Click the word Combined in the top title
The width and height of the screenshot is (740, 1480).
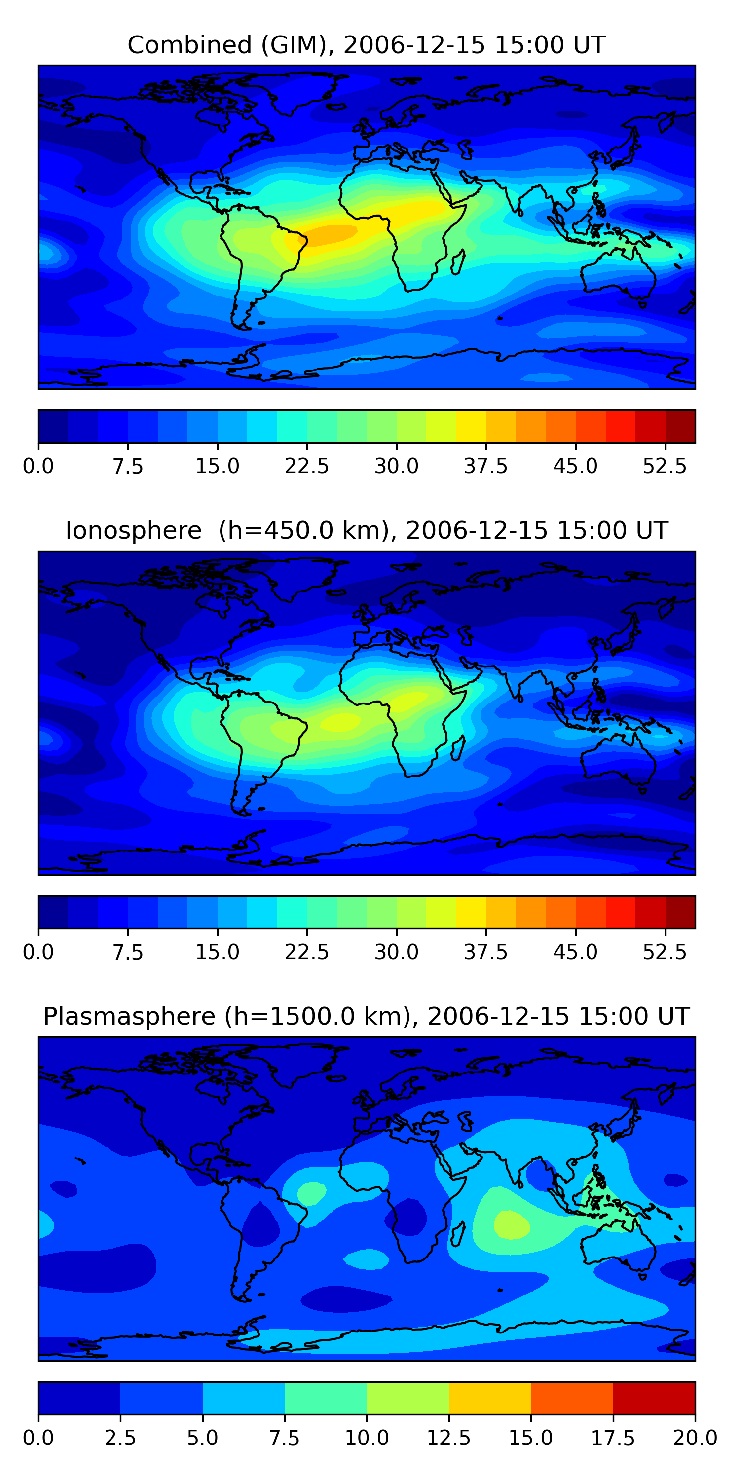(189, 45)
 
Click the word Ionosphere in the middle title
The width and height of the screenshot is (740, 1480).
(133, 530)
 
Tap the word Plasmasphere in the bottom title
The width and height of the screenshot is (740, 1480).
(129, 1016)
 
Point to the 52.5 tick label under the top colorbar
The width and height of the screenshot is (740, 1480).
(665, 466)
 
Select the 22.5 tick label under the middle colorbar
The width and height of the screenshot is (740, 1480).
(307, 952)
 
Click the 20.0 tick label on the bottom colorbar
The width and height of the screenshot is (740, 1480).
(695, 1438)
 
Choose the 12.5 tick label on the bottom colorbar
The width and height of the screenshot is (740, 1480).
(449, 1438)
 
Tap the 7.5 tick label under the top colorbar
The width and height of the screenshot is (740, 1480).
(128, 466)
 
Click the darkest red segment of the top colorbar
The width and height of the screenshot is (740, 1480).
(680, 426)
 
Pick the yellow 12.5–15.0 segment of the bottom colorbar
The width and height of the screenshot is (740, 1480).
(489, 1398)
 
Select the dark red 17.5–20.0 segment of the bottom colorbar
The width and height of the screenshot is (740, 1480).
(654, 1398)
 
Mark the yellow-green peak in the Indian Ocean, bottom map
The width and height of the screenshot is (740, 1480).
(511, 1224)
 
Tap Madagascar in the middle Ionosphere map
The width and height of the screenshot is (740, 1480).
(458, 748)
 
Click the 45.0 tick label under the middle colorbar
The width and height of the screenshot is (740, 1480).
(575, 952)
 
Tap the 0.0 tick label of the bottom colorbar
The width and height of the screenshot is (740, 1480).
(38, 1438)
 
